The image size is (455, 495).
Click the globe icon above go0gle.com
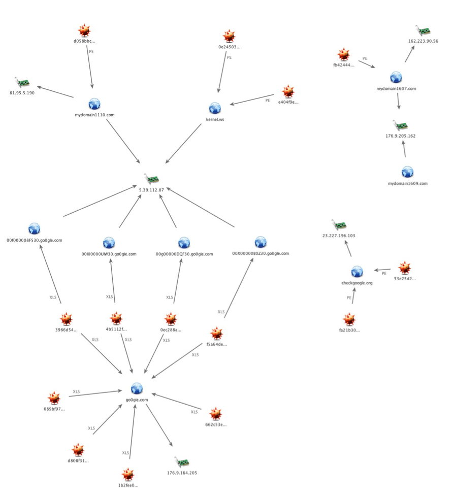[136, 388]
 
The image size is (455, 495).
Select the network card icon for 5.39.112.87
[152, 179]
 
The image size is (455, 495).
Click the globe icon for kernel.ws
[215, 108]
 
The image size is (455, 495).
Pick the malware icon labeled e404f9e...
[288, 92]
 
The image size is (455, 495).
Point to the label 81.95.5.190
[22, 93]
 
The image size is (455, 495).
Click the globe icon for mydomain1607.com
[396, 78]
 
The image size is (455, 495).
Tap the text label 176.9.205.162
[401, 136]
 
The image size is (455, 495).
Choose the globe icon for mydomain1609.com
[407, 172]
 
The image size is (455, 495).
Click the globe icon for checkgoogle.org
[357, 272]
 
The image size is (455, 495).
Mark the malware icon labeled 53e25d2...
[404, 268]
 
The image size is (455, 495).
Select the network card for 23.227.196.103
[338, 225]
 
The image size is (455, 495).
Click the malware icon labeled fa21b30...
[349, 319]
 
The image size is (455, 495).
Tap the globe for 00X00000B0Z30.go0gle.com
[261, 242]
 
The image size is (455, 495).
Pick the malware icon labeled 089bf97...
[54, 398]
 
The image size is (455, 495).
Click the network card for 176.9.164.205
[181, 462]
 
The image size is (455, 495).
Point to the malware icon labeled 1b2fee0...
[127, 475]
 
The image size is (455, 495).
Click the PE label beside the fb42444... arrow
[365, 59]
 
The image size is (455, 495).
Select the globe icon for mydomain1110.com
[94, 104]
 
